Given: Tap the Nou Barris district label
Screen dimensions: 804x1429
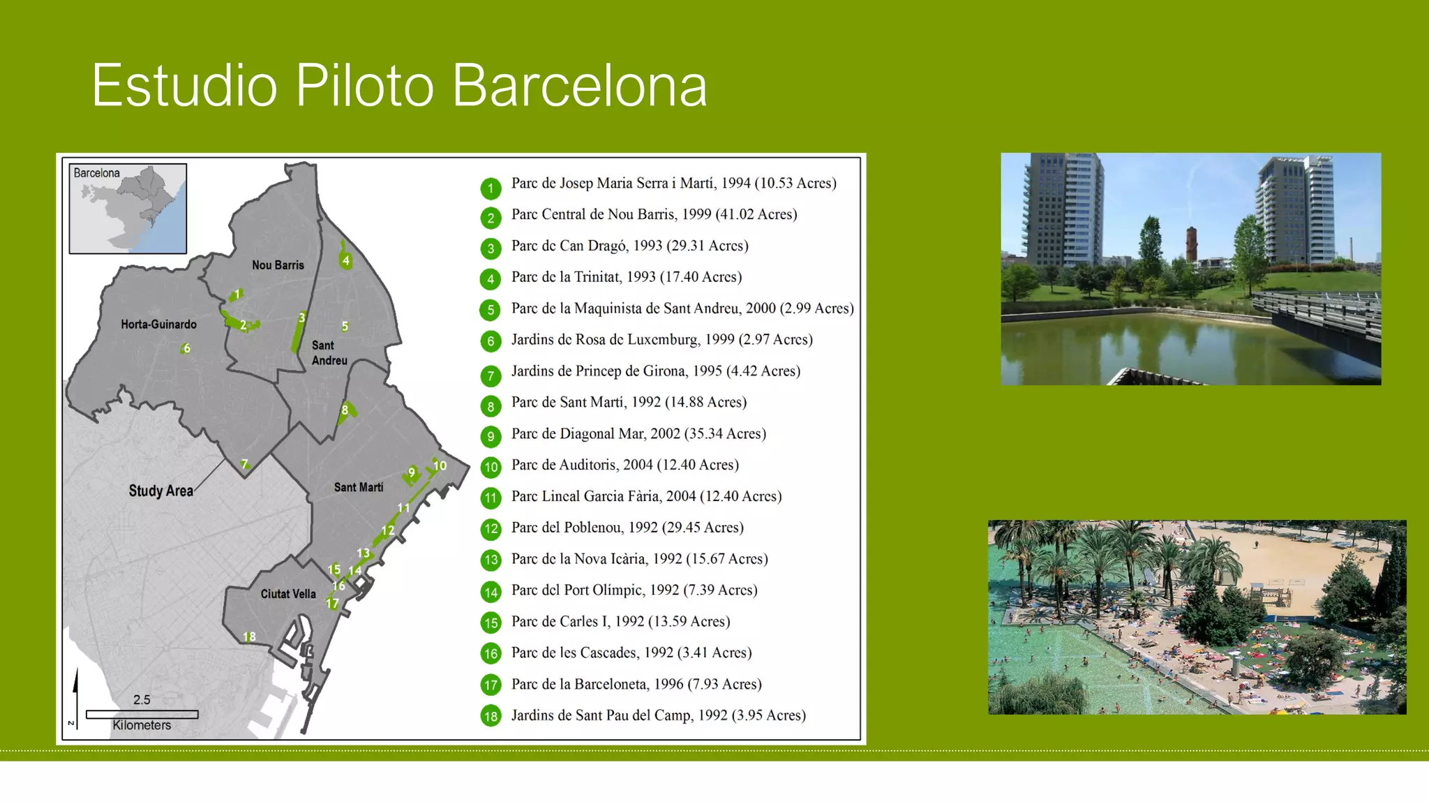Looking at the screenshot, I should click(278, 265).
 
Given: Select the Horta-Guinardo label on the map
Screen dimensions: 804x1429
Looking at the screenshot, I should click(158, 325).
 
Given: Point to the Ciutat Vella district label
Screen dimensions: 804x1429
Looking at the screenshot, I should click(288, 594).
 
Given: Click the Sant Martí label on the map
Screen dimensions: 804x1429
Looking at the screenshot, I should click(359, 487).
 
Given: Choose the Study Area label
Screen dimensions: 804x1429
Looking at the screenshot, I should click(160, 491).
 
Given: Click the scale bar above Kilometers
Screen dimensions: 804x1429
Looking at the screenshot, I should click(142, 714).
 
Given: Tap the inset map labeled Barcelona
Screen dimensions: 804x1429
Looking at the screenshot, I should click(128, 209).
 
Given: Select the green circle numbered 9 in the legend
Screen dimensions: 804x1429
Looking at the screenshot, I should click(491, 437).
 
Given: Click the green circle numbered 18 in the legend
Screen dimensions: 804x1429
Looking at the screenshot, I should click(491, 716).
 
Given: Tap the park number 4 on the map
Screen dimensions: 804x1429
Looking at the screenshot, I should click(345, 260).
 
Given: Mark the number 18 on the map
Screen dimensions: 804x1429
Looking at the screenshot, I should click(249, 636).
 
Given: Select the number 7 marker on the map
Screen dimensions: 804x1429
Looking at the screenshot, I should click(245, 464).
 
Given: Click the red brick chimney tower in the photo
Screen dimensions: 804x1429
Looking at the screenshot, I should click(1191, 244).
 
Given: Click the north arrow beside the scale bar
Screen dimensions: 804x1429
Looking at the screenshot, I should click(75, 691).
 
